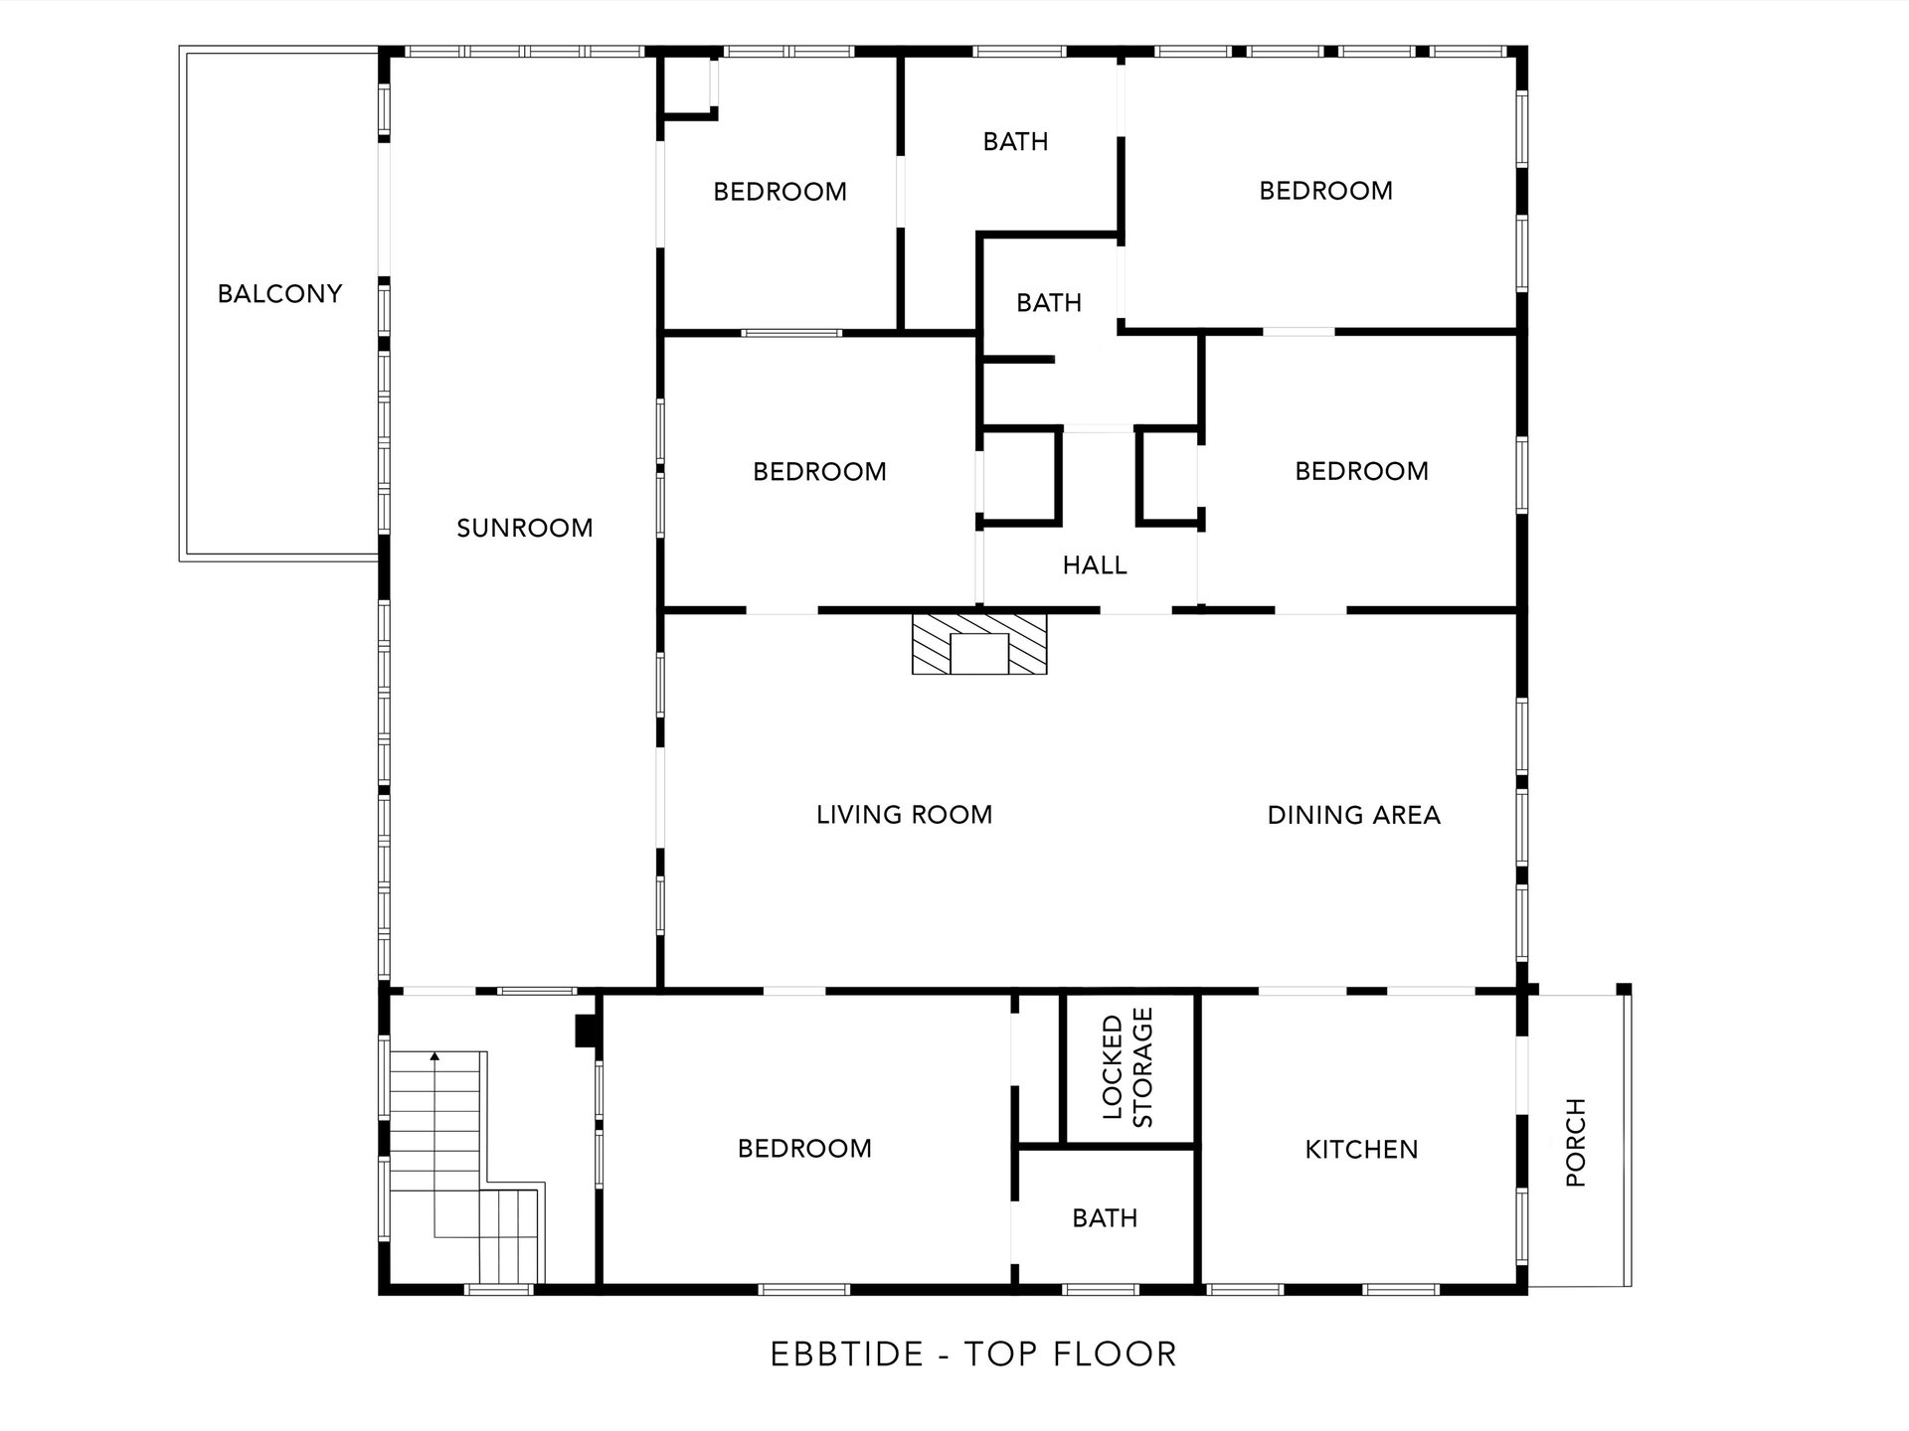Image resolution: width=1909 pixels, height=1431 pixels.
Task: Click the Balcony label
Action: point(279,293)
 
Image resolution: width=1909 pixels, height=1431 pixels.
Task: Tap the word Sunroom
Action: point(525,528)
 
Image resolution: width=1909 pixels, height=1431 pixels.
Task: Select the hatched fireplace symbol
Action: point(979,644)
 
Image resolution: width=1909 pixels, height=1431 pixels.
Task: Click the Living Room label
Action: point(905,815)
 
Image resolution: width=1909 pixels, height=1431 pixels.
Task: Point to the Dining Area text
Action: point(1354,815)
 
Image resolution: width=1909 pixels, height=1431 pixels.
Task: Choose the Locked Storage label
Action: point(1128,1067)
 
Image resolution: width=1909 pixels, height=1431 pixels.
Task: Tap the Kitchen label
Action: point(1361,1150)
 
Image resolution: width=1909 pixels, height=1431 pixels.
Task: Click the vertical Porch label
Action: point(1575,1143)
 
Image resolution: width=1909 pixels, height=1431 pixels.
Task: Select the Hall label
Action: point(1095,565)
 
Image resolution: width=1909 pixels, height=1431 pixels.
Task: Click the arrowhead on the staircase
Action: point(434,1057)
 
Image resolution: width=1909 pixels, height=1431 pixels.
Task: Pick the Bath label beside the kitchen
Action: point(1105,1218)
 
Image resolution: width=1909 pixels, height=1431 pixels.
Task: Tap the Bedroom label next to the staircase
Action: point(804,1149)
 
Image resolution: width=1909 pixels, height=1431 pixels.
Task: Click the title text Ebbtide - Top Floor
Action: point(974,1353)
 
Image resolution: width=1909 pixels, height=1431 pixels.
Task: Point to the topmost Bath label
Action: point(1015,142)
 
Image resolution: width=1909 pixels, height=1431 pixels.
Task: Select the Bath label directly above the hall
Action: point(1049,303)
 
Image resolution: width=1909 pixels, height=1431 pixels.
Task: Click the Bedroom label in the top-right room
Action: point(1326,191)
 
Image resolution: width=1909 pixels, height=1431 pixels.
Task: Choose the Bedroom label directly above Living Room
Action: point(819,471)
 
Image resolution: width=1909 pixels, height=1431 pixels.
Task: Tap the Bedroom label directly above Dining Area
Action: point(1361,471)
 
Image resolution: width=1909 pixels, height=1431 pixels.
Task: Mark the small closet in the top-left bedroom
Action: point(687,86)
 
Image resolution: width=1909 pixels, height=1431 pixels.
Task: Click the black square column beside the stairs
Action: point(587,1031)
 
